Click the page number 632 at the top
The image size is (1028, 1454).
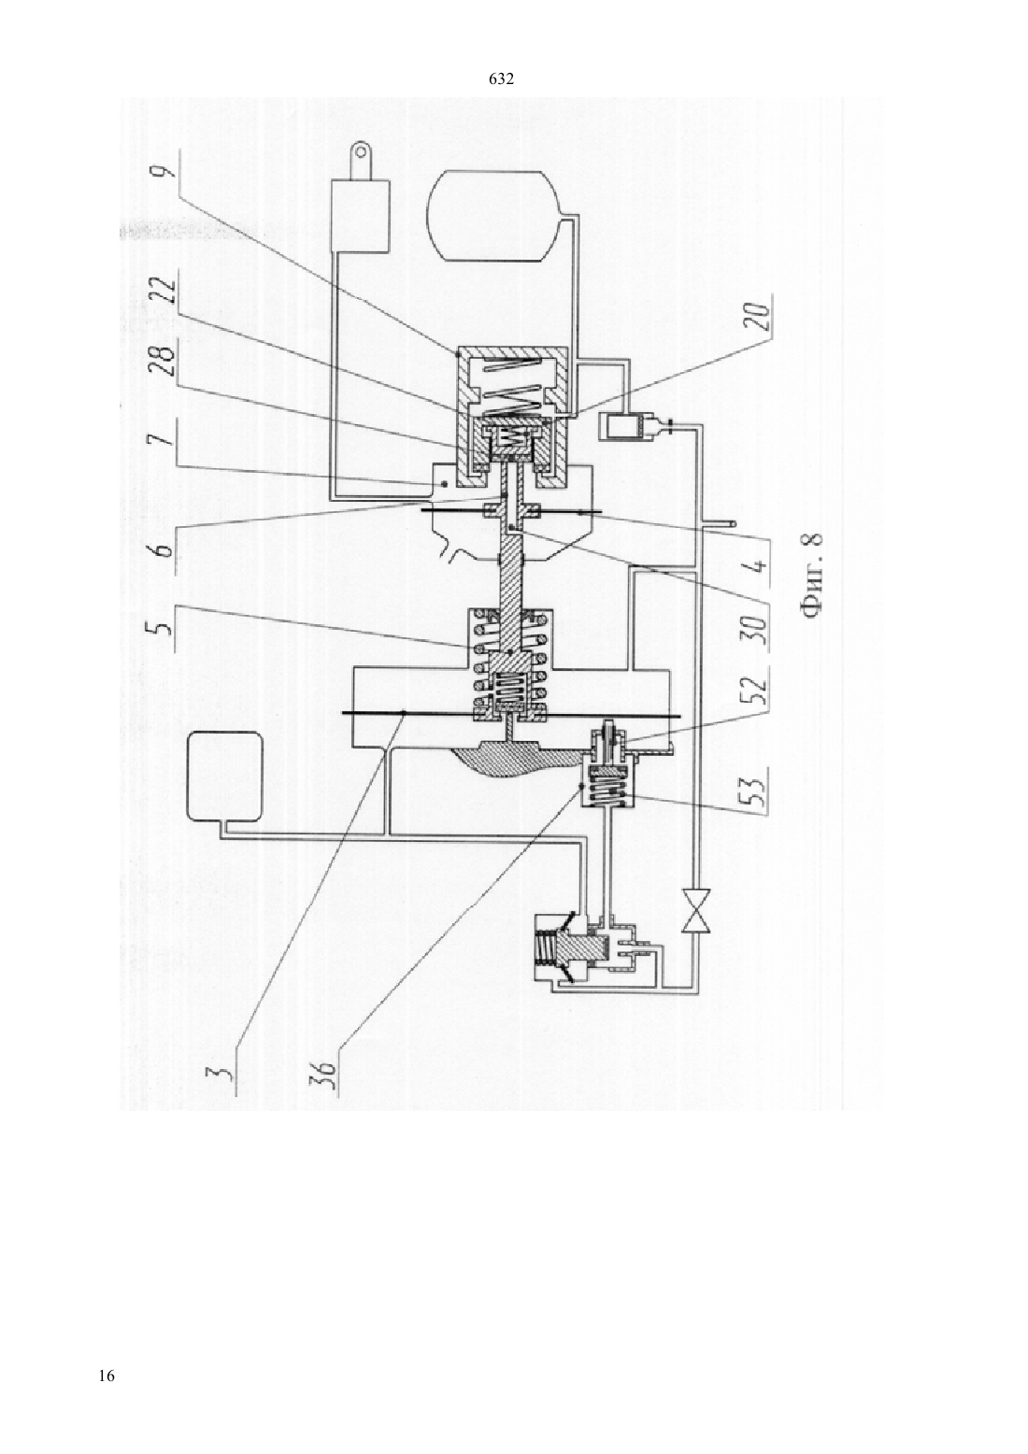502,79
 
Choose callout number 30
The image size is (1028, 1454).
759,627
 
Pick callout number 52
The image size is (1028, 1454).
759,695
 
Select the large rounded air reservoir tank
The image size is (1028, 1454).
493,216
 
